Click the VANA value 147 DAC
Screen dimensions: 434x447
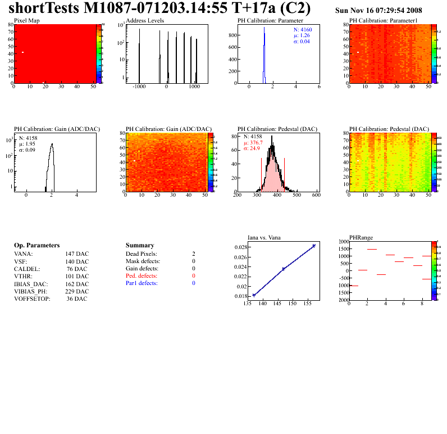(77, 254)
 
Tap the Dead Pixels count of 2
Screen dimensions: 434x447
(193, 254)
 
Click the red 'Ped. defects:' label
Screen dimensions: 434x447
(142, 276)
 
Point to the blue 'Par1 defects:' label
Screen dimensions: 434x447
(142, 283)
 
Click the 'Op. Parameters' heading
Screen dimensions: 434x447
(37, 246)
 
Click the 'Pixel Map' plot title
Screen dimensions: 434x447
(26, 21)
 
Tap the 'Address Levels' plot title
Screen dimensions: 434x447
(145, 21)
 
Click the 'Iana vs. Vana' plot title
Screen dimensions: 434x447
(264, 237)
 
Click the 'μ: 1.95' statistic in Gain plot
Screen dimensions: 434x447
(27, 143)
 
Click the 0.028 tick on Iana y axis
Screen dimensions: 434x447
(240, 247)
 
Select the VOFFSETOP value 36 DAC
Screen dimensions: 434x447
(77, 299)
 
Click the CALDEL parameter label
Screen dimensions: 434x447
(25, 269)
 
